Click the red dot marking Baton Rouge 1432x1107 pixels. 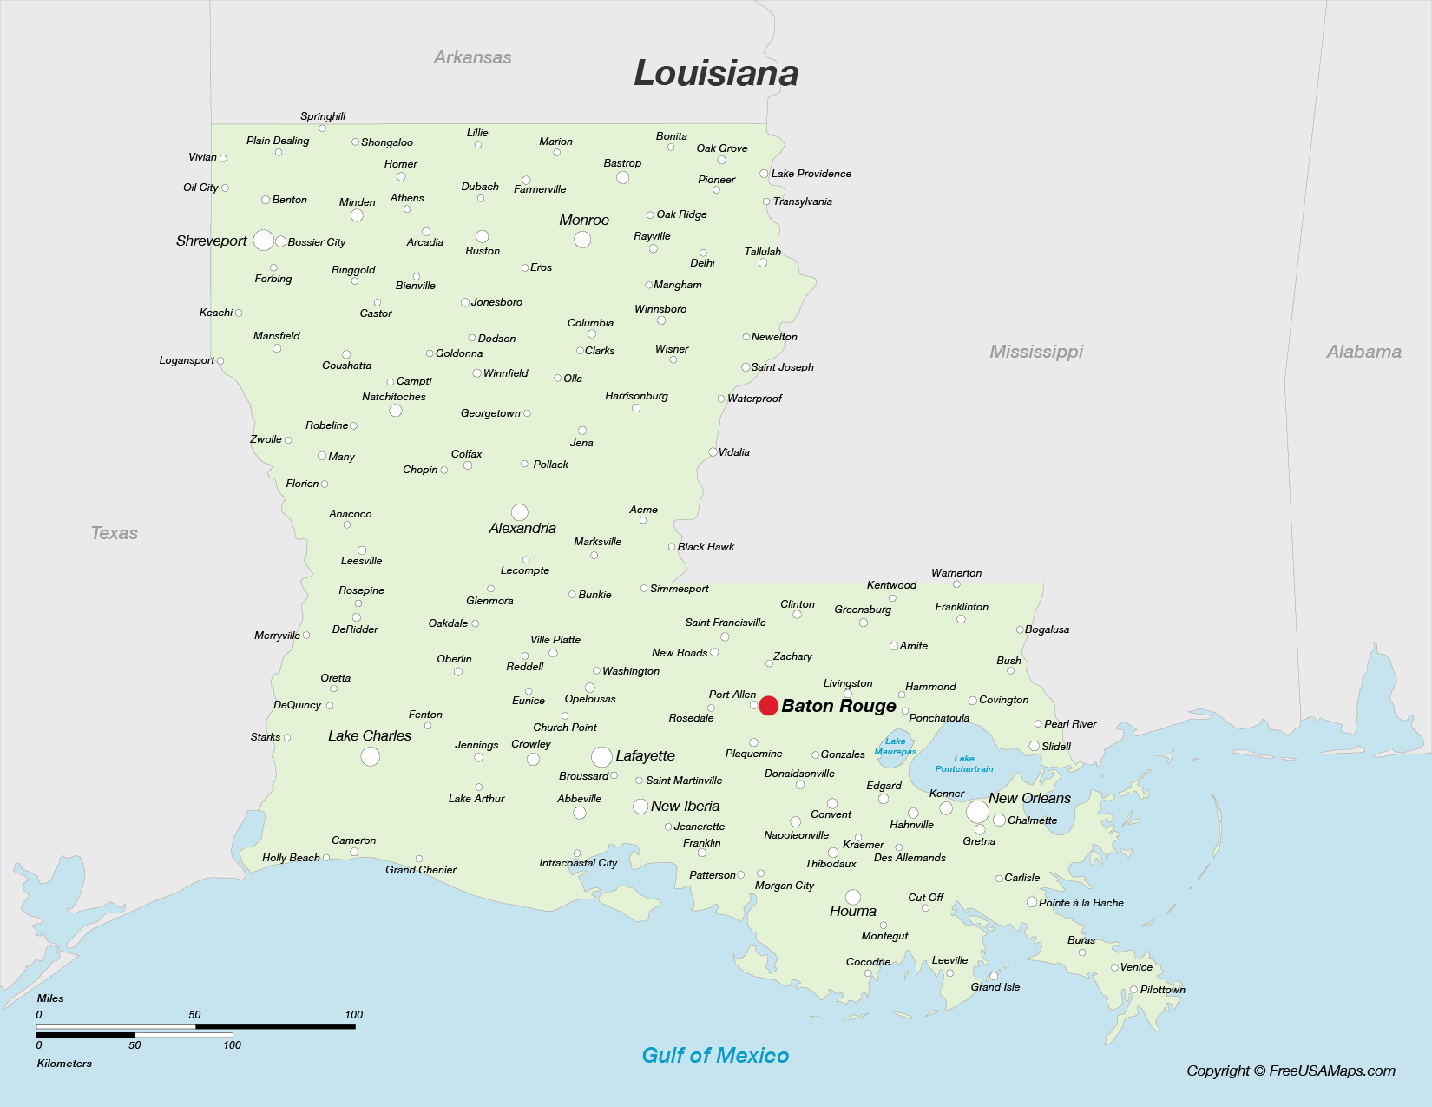click(768, 706)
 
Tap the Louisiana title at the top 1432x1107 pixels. click(716, 73)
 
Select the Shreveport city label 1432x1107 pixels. click(211, 241)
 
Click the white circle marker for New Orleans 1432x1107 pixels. click(977, 812)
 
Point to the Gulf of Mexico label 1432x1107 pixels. click(715, 1055)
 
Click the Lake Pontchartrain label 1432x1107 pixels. click(964, 764)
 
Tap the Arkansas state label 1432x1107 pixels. click(472, 57)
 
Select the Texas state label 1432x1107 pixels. click(114, 533)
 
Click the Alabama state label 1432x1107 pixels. click(1363, 352)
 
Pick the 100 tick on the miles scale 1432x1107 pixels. click(353, 1015)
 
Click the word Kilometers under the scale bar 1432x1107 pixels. click(64, 1064)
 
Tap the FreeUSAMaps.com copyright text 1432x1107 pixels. click(1291, 1071)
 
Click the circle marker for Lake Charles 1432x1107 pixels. click(371, 756)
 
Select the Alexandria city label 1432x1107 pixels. click(522, 528)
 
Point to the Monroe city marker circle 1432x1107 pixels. click(582, 239)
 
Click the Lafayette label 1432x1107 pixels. click(645, 756)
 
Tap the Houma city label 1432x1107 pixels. click(852, 911)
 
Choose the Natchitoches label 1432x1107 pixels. click(394, 397)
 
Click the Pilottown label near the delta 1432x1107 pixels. click(1162, 990)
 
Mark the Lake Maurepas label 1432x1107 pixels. click(896, 747)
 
